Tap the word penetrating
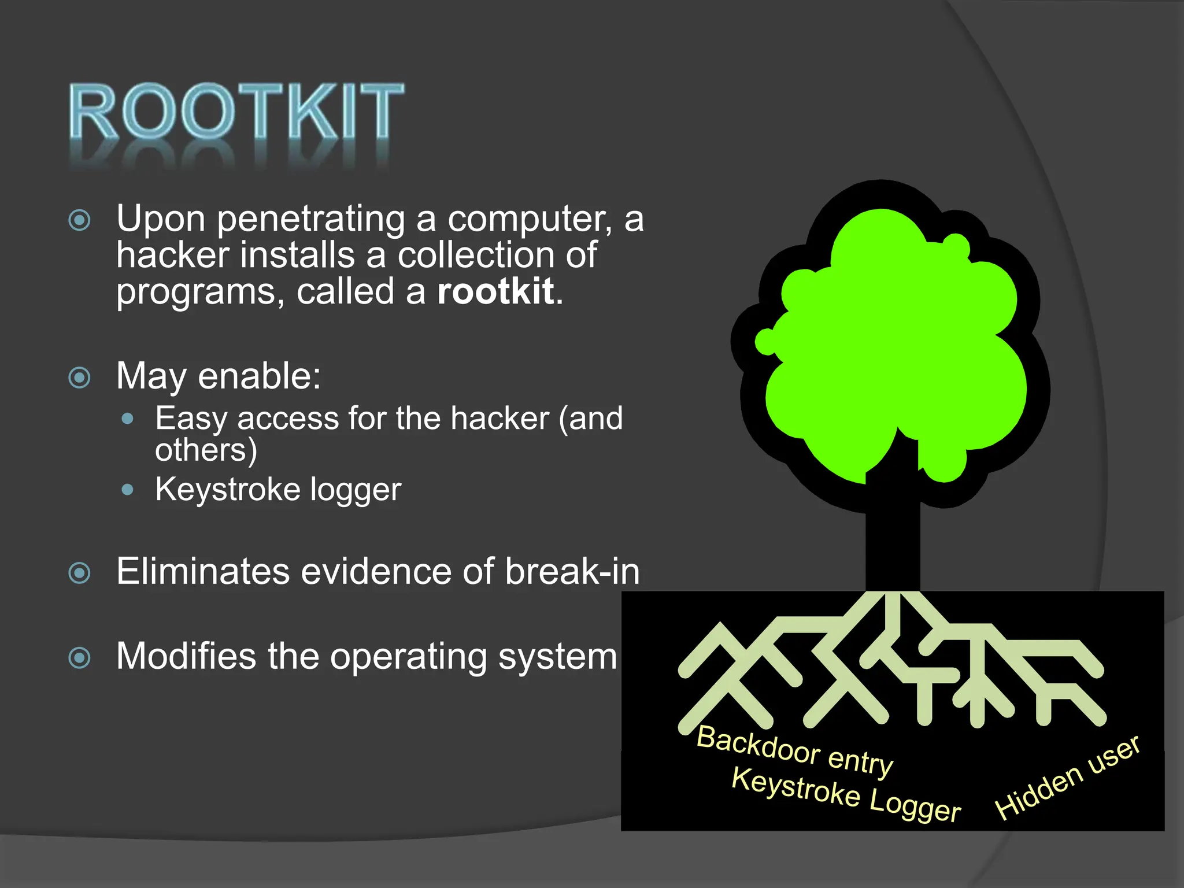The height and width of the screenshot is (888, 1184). coord(311,219)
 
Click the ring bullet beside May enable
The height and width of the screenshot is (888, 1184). coord(80,378)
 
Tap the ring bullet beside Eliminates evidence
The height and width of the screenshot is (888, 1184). coord(80,573)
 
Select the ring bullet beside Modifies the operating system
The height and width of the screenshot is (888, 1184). coord(80,658)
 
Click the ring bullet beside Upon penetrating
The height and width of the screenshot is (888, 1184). coord(80,220)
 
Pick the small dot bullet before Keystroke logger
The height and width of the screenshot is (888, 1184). coord(128,490)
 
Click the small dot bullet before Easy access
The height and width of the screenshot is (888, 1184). coord(128,419)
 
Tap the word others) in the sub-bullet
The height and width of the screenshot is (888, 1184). coord(206,450)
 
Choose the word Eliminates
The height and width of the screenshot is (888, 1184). coord(202,572)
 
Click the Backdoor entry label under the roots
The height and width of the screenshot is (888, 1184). coord(795,750)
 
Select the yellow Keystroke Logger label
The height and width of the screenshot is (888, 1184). coord(846,794)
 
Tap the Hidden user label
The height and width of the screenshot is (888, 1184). coord(1067,777)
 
